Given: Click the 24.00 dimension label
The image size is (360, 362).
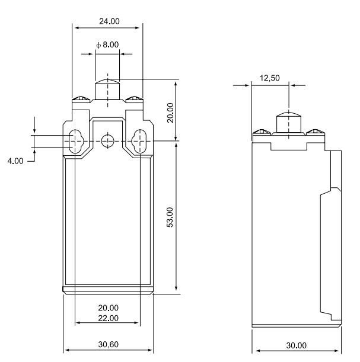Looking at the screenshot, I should pos(107,21).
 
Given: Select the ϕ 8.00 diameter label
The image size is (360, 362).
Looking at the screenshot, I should pos(107,44).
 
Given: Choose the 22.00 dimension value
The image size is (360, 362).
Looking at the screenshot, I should pos(107,318).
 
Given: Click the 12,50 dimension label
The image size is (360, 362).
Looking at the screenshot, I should pos(270,77).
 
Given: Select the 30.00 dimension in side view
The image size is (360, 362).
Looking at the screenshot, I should pos(296,345).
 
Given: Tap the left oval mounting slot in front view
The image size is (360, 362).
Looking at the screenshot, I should pos(76,141).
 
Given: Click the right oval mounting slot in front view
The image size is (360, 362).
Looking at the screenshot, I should pos(140,141).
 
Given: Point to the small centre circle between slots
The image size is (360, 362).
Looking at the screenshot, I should pos(107,141).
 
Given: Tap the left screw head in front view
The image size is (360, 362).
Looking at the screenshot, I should pos(76,98).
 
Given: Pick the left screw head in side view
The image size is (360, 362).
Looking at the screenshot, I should pos(259,132).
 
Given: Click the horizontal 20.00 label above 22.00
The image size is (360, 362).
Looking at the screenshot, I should pos(107,308).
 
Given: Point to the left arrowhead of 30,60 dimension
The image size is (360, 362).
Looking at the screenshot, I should pos(66,350).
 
